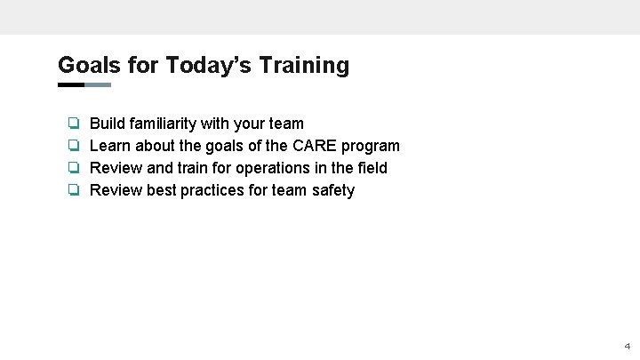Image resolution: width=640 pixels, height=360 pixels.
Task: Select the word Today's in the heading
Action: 201,65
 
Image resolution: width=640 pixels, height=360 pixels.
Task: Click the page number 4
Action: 627,346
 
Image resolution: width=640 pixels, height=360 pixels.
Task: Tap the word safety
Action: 333,190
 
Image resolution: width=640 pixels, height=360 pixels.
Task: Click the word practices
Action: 212,190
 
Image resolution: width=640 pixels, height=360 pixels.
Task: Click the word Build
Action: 108,124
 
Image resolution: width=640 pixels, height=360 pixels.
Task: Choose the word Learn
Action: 110,146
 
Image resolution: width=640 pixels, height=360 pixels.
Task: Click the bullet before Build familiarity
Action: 75,124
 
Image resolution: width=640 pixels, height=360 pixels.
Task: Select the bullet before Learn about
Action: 75,146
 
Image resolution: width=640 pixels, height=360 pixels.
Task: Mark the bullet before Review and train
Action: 75,168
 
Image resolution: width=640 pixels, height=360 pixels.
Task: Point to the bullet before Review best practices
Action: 75,190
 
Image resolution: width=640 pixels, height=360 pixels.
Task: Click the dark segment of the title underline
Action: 70,85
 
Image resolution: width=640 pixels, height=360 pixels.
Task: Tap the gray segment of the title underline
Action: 98,85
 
